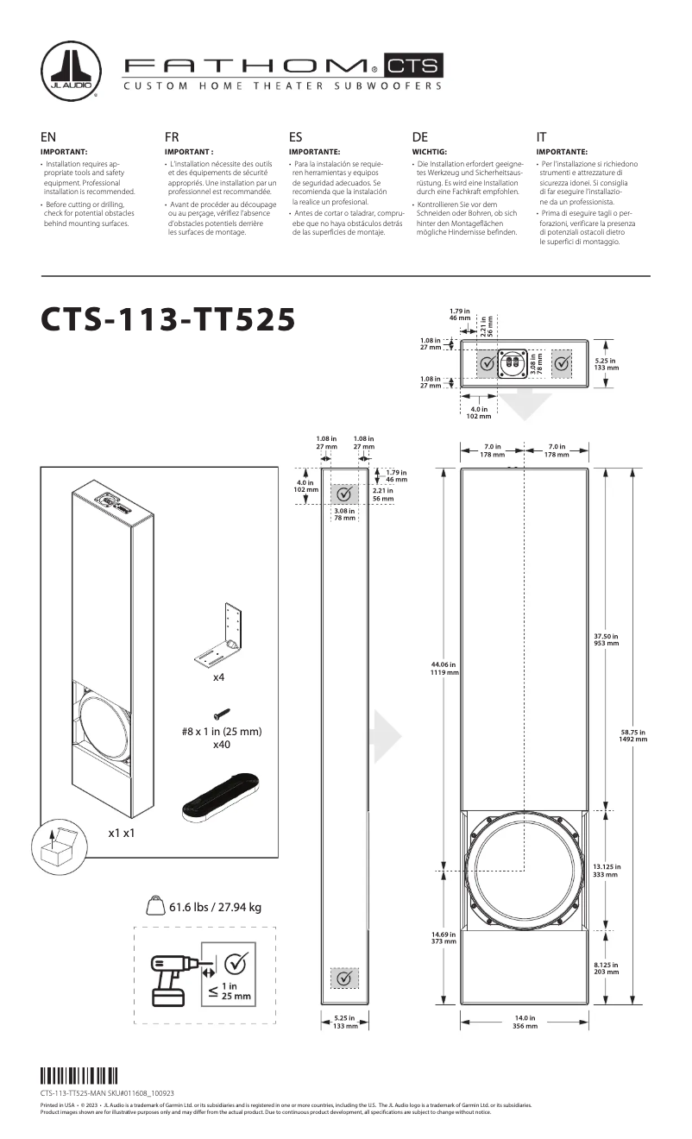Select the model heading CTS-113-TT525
169,318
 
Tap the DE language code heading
420,136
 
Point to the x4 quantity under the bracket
219,678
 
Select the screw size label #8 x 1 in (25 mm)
221,731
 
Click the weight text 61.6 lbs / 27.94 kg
215,907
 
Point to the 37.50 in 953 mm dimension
618,639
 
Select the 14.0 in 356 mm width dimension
525,1023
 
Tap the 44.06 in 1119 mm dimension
442,669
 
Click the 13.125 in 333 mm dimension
619,871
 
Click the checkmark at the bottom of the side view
344,978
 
